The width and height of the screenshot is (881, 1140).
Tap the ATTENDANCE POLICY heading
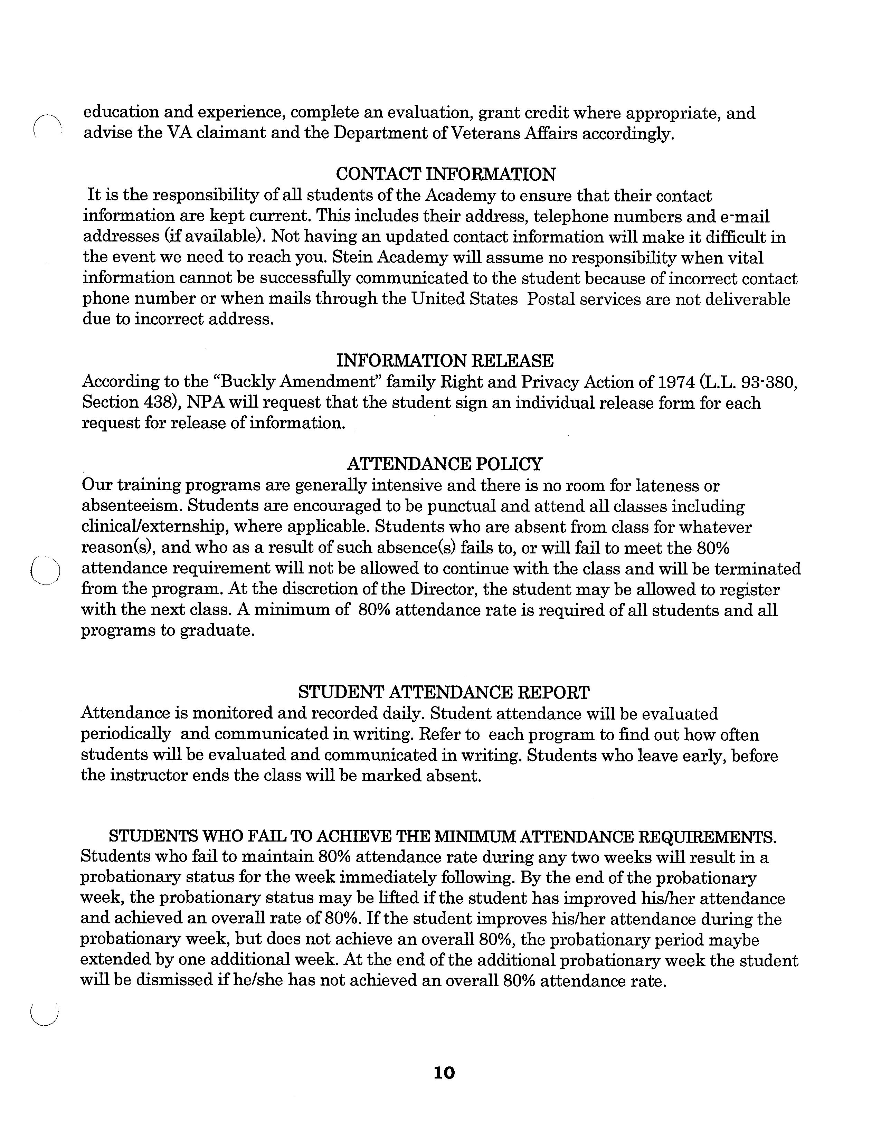tap(445, 464)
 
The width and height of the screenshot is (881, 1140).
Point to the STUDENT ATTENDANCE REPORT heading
tap(444, 692)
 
